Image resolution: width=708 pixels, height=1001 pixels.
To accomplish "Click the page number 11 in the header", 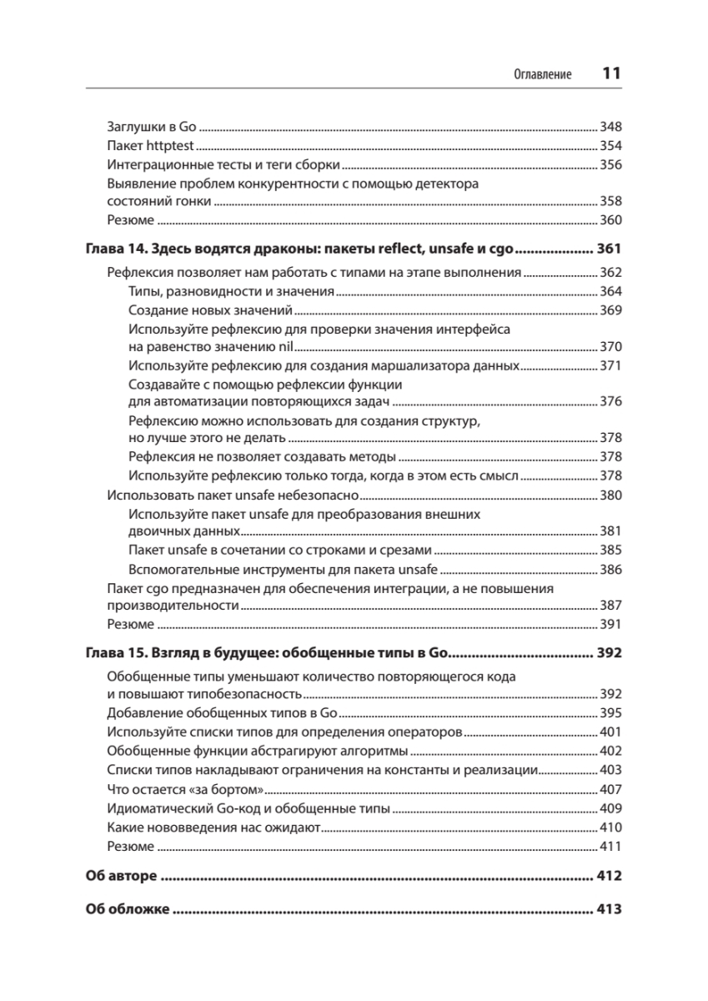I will click(611, 73).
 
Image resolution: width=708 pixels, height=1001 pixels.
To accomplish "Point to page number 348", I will click(611, 128).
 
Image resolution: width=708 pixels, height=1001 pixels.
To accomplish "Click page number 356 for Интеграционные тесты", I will click(611, 164).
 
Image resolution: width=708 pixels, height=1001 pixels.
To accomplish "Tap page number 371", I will click(611, 365).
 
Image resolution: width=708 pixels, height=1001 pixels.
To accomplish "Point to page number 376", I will click(611, 402).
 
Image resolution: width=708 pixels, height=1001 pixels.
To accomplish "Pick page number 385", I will click(611, 551).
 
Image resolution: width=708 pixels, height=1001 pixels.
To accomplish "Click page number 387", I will click(611, 606).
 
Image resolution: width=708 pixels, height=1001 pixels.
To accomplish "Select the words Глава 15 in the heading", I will click(114, 652).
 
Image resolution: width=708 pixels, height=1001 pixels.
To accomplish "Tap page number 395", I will click(611, 713).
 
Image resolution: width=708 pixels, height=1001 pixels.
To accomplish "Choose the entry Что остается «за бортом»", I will click(186, 788).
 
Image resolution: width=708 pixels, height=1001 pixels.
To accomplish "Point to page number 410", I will click(611, 827).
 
